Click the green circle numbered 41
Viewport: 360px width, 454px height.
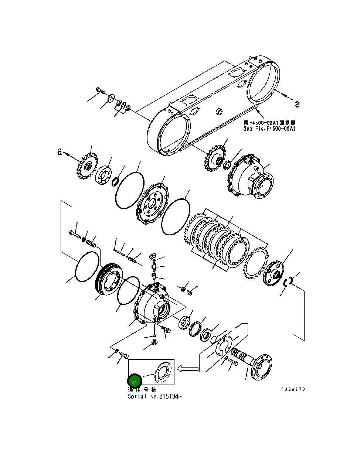tap(135, 382)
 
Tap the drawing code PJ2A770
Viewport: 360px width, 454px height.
tap(293, 389)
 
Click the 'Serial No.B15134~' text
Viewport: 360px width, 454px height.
tap(155, 396)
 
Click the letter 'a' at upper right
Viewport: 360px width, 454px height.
tap(297, 105)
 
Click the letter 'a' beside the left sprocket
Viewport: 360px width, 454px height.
tap(60, 151)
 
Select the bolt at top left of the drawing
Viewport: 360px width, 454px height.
tap(99, 90)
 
